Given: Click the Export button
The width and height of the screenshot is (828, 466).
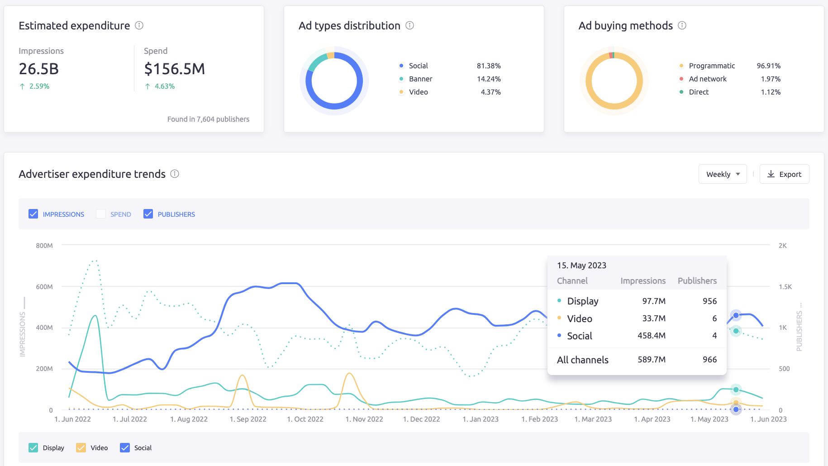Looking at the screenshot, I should coord(784,174).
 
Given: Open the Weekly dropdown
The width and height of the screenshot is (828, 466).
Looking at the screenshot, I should coord(723,174).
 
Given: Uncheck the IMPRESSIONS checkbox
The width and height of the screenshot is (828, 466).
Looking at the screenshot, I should coord(33,214).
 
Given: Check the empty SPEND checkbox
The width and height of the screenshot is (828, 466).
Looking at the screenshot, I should coord(101,214).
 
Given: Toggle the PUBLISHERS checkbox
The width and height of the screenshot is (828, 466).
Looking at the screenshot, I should coord(148,214).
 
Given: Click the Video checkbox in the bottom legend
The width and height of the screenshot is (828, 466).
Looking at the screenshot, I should coord(81,447).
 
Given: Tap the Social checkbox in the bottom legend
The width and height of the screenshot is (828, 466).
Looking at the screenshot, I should coord(125,447).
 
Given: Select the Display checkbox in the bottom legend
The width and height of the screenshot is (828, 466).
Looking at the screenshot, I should coord(33,447).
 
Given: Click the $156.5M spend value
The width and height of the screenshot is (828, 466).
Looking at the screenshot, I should coord(174,69).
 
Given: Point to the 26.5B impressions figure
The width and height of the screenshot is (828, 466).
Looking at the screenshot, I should coord(39,69).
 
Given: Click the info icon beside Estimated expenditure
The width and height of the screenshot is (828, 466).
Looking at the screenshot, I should coord(139,25).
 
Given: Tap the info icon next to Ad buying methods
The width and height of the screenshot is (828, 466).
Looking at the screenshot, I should coord(682,25).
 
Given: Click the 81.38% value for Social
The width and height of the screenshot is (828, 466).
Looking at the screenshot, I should coord(489,66).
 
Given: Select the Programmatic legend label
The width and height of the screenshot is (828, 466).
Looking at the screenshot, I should coord(712,66).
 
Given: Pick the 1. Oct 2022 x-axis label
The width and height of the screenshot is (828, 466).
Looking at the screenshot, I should coord(305,419).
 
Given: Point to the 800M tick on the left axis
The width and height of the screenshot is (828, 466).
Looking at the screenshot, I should coord(44,246).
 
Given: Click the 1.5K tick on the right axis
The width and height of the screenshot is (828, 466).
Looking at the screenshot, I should coord(785,287).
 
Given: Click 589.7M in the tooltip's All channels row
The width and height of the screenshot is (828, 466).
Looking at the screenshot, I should coord(652,360).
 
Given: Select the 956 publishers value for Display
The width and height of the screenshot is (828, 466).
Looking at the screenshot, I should coord(709,301).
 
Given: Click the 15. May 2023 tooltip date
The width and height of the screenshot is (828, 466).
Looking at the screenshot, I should coord(581,266).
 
